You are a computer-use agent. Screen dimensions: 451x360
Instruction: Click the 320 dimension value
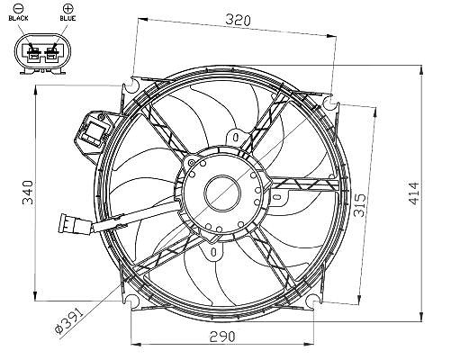pyautogui.click(x=238, y=20)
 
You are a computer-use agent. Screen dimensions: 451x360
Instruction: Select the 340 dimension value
pyautogui.click(x=28, y=193)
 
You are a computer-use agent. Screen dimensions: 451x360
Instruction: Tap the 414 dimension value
pyautogui.click(x=414, y=193)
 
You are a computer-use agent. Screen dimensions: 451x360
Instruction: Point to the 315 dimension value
pyautogui.click(x=360, y=205)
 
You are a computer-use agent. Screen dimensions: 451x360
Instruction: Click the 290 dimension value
pyautogui.click(x=222, y=337)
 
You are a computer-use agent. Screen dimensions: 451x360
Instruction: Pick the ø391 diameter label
pyautogui.click(x=68, y=321)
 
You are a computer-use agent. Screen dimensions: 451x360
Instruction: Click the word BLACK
pyautogui.click(x=18, y=18)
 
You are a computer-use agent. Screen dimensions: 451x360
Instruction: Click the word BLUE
pyautogui.click(x=68, y=18)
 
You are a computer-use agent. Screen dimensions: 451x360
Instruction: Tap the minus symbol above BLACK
pyautogui.click(x=18, y=8)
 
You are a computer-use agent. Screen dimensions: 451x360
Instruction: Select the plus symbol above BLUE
pyautogui.click(x=68, y=8)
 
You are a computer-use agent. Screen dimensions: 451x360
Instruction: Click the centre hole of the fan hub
pyautogui.click(x=222, y=193)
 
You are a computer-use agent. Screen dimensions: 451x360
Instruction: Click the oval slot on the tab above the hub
pyautogui.click(x=236, y=138)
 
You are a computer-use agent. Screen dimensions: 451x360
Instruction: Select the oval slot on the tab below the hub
pyautogui.click(x=213, y=252)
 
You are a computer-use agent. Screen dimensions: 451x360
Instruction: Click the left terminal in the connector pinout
pyautogui.click(x=33, y=53)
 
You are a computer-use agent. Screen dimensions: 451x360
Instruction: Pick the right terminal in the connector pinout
pyautogui.click(x=50, y=53)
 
